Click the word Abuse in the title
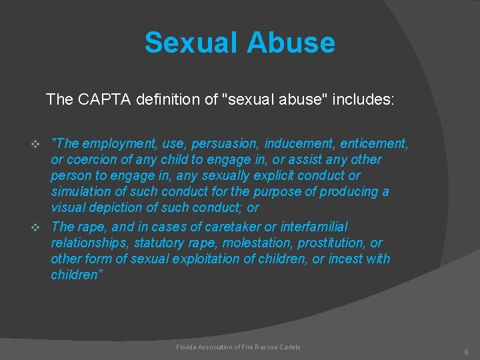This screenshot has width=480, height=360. click(x=290, y=43)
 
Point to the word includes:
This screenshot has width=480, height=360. click(x=365, y=100)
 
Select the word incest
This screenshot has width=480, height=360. click(x=343, y=259)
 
